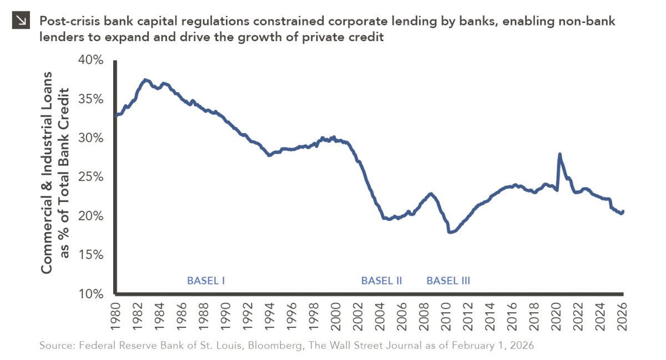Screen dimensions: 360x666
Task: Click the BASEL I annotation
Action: tap(205, 281)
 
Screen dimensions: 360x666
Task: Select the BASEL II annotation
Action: tap(381, 281)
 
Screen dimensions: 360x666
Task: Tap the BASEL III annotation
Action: tap(448, 281)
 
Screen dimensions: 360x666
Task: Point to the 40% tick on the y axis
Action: tap(90, 60)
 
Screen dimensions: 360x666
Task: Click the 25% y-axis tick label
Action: tap(90, 177)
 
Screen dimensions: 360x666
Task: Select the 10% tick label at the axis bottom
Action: tap(90, 294)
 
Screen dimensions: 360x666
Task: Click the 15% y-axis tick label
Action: tap(90, 255)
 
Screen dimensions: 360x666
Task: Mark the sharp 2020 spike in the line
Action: tap(559, 155)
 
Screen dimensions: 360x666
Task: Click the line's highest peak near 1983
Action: tap(145, 80)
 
